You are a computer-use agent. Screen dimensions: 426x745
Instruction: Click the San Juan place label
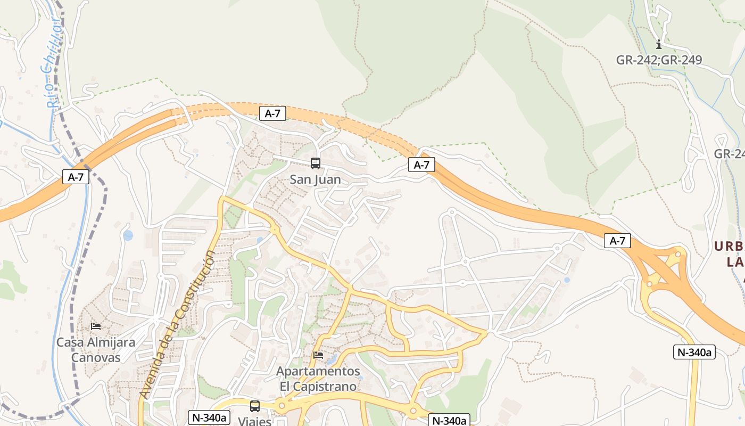coord(315,180)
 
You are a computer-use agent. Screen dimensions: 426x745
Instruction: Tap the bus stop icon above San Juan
coord(316,163)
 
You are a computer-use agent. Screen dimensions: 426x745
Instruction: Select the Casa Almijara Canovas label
coord(96,349)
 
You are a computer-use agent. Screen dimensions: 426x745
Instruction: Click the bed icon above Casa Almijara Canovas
coord(96,326)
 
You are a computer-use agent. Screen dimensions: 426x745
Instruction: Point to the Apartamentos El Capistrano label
coord(318,379)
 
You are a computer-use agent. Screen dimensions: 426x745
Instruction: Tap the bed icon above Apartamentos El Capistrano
coord(318,355)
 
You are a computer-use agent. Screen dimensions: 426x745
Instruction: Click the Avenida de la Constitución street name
coord(178,325)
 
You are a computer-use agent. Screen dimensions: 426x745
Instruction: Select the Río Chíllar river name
coord(51,63)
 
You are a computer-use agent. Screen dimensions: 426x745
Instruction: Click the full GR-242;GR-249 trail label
coord(659,60)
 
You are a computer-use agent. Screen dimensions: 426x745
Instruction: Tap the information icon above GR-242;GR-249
coord(659,44)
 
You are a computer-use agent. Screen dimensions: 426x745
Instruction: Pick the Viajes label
coord(254,421)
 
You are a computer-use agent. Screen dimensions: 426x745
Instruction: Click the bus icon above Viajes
coord(255,406)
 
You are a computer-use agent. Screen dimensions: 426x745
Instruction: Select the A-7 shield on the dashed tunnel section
coord(272,113)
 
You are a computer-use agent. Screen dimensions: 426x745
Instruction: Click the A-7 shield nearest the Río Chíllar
coord(76,177)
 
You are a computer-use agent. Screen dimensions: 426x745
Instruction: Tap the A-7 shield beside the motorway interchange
coord(617,241)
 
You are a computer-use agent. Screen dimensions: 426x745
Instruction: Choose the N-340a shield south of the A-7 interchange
coord(694,352)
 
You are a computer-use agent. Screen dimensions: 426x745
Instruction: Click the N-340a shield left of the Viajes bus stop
coord(209,417)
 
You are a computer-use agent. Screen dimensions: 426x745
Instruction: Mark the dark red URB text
coord(729,247)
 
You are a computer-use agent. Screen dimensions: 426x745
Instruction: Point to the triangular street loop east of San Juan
coord(377,211)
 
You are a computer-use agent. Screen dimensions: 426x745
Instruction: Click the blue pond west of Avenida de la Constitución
coord(128,235)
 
